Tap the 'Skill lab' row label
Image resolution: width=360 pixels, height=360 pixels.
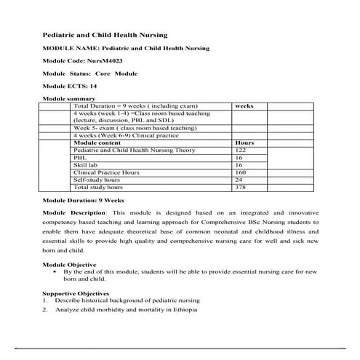pyautogui.click(x=86, y=165)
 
